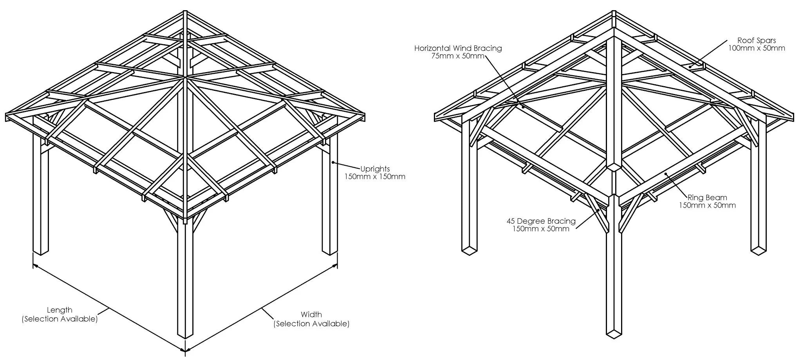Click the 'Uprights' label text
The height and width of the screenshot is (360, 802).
tap(375, 169)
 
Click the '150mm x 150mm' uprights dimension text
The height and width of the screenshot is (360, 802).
tap(375, 177)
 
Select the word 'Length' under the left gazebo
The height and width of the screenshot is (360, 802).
tap(60, 310)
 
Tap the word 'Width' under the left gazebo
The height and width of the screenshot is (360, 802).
tap(311, 314)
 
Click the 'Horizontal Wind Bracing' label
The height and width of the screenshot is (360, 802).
tap(458, 49)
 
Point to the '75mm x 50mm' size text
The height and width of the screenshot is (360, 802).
tap(458, 56)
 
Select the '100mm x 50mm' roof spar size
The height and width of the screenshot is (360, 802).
tap(757, 48)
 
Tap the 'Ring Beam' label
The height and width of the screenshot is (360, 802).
tap(707, 198)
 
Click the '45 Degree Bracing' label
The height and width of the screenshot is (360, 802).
tap(541, 221)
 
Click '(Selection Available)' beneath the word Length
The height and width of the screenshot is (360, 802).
tap(60, 319)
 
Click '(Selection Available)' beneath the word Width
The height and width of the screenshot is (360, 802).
tap(311, 324)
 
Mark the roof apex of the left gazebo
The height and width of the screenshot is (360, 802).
tap(185, 11)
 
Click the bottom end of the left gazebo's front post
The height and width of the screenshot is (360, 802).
tap(185, 335)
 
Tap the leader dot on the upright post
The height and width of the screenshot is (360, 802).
tap(332, 162)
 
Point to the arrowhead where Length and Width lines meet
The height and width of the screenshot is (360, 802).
tap(185, 350)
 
